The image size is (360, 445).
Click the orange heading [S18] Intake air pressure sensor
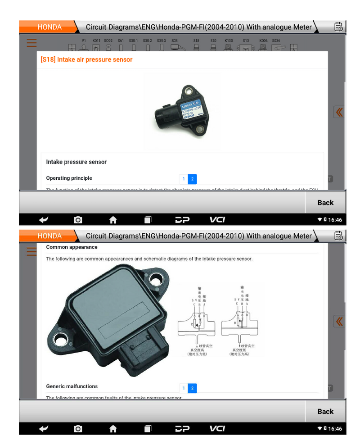coord(86,59)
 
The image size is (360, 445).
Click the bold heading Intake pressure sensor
coord(76,162)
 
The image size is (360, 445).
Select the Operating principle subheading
coord(69,178)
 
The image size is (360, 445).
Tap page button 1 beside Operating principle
coord(183,179)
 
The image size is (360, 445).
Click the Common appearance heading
coord(72,247)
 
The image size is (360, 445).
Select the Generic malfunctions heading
coord(72,386)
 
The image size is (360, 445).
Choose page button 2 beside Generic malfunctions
coord(192,388)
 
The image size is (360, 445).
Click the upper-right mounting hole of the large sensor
coord(157,280)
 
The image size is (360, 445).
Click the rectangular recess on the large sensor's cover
coord(127,318)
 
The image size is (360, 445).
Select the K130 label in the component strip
coord(229,41)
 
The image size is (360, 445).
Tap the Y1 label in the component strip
coord(84,41)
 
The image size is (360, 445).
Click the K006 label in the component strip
coord(263,41)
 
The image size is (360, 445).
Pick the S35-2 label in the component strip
coord(148,41)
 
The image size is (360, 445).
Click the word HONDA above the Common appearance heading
coord(49,236)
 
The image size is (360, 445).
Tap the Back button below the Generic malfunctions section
coord(325,411)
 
